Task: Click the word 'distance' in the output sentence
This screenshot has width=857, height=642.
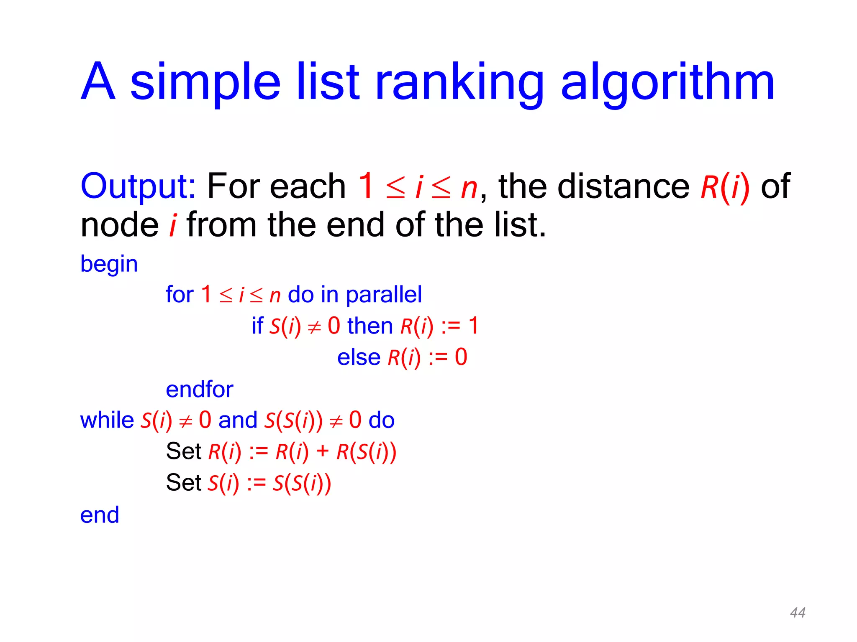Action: [624, 186]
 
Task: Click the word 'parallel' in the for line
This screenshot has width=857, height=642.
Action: [384, 295]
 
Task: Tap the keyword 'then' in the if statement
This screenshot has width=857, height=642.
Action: [370, 326]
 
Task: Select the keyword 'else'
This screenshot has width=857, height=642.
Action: [359, 357]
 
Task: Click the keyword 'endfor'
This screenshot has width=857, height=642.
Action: [200, 389]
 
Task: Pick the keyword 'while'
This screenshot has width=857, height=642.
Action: [107, 420]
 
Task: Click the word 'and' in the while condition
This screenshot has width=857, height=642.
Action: [238, 420]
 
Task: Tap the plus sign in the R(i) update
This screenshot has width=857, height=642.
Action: [323, 451]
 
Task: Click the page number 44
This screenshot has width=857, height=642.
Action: [798, 613]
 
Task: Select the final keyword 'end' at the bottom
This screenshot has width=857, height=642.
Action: [100, 515]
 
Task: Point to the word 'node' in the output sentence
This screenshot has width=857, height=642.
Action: [120, 225]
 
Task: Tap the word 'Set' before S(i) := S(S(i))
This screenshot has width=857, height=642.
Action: [184, 483]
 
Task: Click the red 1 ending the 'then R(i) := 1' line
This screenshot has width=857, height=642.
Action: [473, 326]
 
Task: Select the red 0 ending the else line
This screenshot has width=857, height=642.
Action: [461, 357]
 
